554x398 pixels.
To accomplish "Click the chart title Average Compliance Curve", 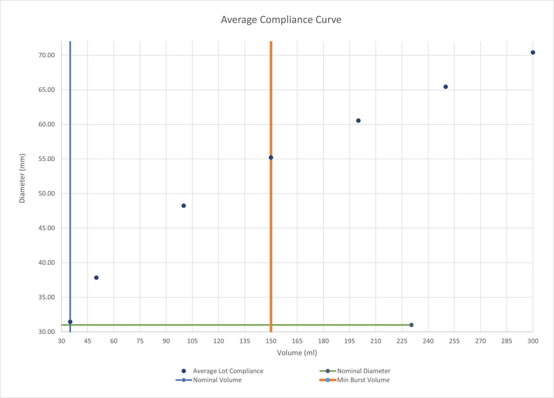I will [x=281, y=20].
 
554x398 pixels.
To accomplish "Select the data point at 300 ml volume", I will [x=533, y=53].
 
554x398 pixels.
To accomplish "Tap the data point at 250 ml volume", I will [x=445, y=87].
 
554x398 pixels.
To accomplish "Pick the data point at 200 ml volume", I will [x=358, y=121].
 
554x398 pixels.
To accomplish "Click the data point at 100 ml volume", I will [x=183, y=206].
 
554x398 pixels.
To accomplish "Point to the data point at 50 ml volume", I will [x=96, y=278].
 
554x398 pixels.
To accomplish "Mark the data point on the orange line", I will [x=271, y=157].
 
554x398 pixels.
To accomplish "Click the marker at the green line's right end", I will [x=411, y=325].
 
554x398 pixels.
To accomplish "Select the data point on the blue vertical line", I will [x=70, y=322].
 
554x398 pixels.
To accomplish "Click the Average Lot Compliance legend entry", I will [x=228, y=371].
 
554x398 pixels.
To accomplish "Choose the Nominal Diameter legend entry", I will [x=363, y=371].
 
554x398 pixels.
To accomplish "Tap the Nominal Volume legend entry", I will [x=217, y=380].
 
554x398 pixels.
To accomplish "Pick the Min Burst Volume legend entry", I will [x=363, y=380].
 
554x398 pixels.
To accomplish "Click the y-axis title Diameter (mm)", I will [x=22, y=178].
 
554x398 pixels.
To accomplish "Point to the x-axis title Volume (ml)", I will [x=297, y=353].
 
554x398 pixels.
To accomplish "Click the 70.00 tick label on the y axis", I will [x=47, y=55].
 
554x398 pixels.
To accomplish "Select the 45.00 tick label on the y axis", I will [x=47, y=228].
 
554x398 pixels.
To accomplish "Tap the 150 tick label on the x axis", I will [x=271, y=341].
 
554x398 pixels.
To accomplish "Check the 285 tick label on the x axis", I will [x=507, y=341].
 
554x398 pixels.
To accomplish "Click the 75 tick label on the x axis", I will [x=140, y=341].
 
